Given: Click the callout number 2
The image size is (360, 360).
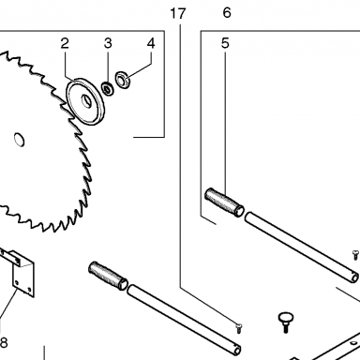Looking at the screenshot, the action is [65, 43].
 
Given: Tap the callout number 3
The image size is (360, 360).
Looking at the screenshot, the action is [108, 43].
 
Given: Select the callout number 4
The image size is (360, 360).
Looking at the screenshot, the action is [151, 43].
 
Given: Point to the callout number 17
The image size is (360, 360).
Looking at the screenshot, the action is [178, 14].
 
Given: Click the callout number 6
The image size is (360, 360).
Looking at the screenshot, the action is [227, 13].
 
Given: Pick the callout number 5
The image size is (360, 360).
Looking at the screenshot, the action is [225, 43].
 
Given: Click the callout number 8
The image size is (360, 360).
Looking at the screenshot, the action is [3, 343].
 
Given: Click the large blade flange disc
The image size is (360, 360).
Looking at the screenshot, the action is [85, 101].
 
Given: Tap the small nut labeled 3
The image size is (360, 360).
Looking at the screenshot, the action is [108, 88].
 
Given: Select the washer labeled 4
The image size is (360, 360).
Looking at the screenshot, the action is [123, 81].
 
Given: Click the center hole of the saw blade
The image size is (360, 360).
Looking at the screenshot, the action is [20, 140].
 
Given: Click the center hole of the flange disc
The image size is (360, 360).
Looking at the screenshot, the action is [86, 101].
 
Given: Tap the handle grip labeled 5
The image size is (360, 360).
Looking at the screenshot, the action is [224, 202].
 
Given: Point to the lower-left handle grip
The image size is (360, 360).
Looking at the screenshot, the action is [108, 276].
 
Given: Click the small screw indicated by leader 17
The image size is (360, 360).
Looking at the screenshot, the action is [239, 329].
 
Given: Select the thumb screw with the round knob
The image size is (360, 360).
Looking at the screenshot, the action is [284, 322].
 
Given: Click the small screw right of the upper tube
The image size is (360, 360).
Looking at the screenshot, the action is [355, 255].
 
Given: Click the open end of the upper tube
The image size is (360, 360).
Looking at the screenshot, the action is [354, 277].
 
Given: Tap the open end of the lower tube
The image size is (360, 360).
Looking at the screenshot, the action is [237, 349].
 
